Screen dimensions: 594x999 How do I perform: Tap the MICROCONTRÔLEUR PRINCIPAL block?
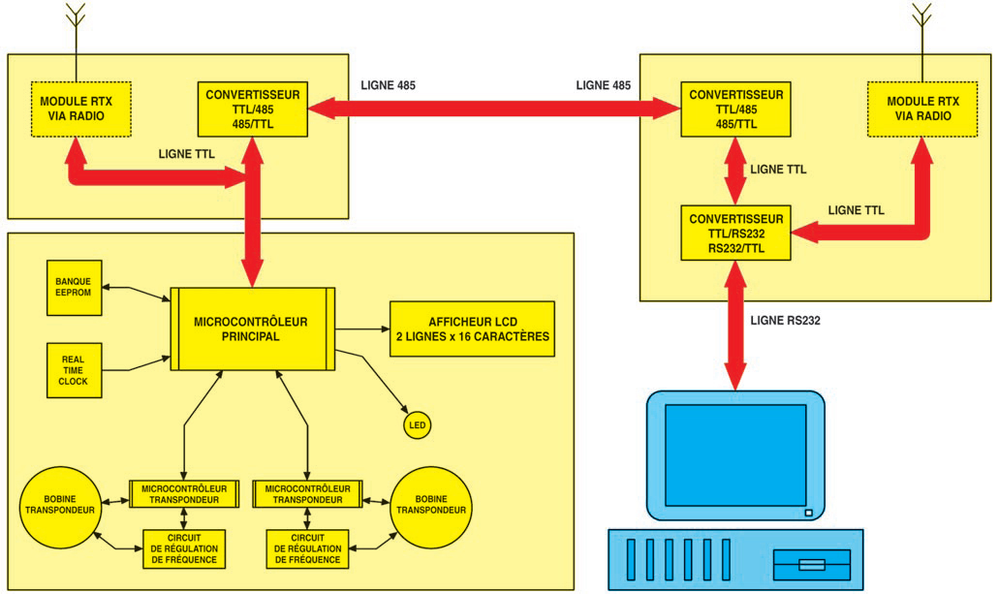pyautogui.click(x=252, y=328)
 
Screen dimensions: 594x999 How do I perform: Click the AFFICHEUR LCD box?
pyautogui.click(x=472, y=329)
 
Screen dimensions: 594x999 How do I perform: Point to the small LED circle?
pyautogui.click(x=417, y=425)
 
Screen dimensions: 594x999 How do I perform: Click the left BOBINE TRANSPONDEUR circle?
pyautogui.click(x=59, y=509)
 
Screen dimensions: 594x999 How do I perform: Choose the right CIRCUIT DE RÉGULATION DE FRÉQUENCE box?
pyautogui.click(x=307, y=548)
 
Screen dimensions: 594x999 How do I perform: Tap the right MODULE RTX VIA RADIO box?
pyautogui.click(x=921, y=109)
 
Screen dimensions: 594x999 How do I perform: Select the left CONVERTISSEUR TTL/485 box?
pyautogui.click(x=253, y=109)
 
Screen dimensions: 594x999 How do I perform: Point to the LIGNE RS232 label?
pyautogui.click(x=785, y=321)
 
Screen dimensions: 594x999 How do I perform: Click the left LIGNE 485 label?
pyautogui.click(x=389, y=85)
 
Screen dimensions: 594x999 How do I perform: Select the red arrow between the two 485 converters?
pyautogui.click(x=496, y=109)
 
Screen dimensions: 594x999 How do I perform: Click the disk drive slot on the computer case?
pyautogui.click(x=811, y=564)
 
